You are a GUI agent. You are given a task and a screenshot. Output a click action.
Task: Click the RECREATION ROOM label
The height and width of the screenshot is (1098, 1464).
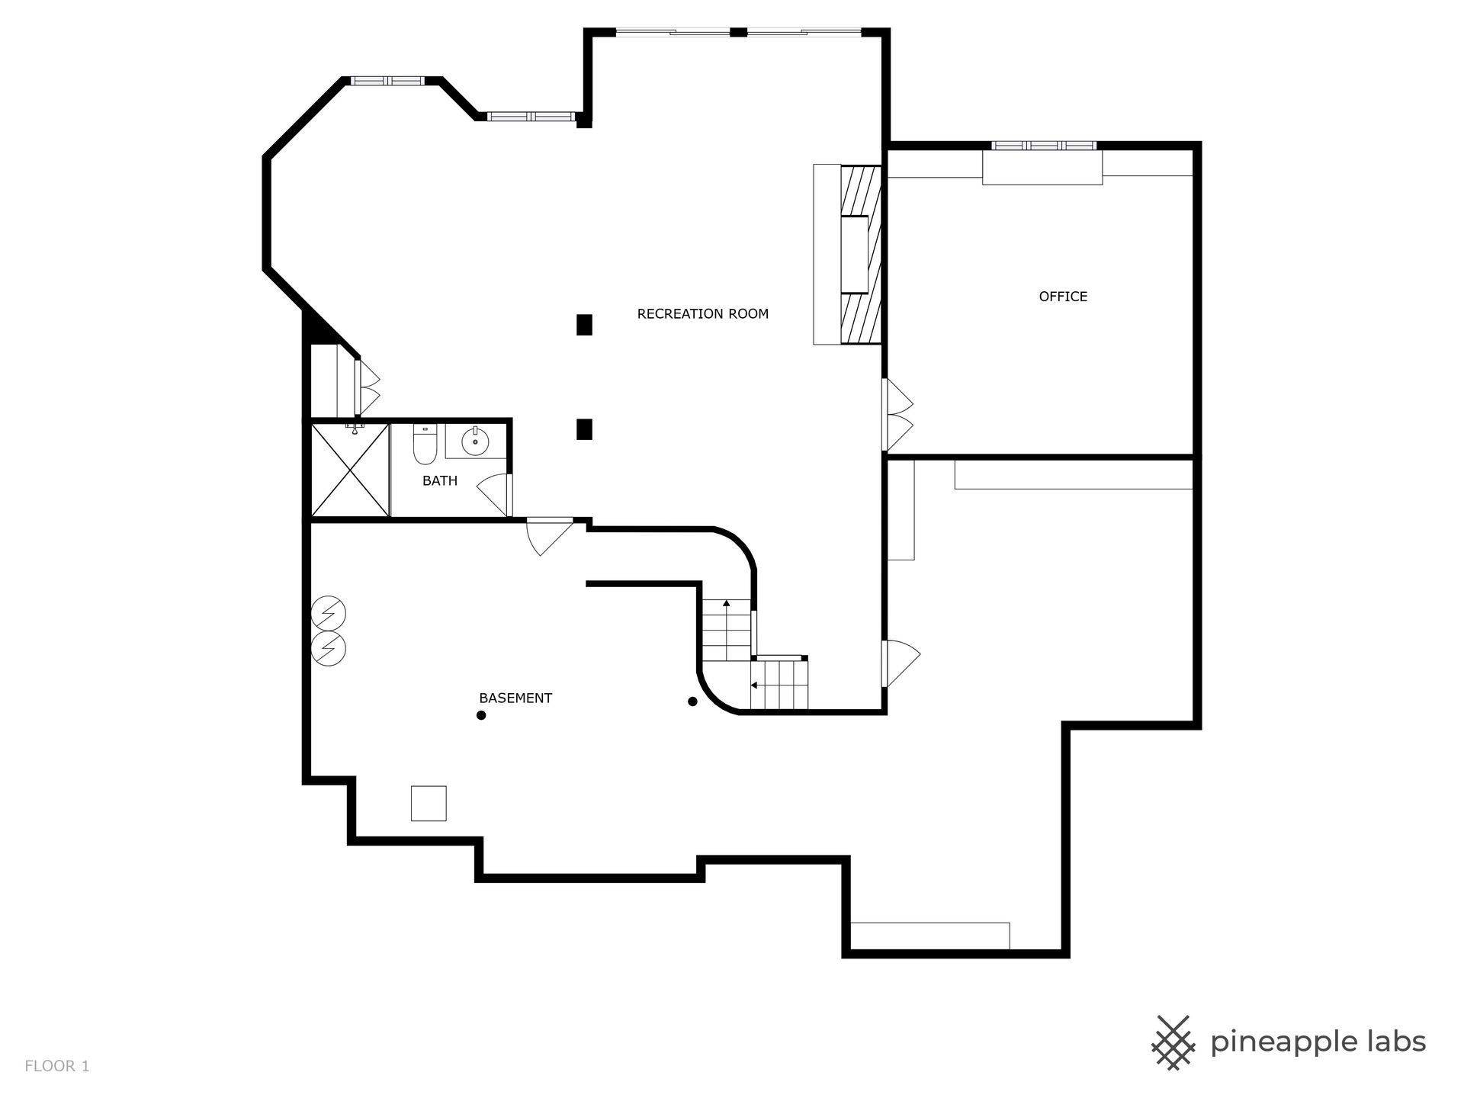click(702, 313)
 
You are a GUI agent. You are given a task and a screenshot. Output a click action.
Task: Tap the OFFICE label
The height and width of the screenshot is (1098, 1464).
click(1063, 297)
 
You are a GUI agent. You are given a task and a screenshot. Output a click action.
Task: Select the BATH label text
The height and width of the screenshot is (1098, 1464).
click(440, 480)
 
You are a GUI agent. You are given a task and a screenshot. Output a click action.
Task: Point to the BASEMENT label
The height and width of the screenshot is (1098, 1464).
click(515, 698)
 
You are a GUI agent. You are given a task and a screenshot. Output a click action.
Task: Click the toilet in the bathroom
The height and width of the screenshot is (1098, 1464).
click(424, 445)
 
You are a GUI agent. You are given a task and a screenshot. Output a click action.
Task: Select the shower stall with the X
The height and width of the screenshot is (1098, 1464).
click(350, 470)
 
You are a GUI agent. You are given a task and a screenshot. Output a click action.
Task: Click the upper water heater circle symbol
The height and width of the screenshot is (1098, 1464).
click(329, 613)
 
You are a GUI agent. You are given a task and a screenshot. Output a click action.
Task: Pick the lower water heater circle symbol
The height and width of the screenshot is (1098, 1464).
click(329, 647)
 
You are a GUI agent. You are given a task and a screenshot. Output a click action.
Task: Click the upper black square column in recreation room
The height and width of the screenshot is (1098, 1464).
click(584, 325)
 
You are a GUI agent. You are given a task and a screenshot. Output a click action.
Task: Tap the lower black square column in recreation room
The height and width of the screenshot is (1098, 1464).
click(584, 429)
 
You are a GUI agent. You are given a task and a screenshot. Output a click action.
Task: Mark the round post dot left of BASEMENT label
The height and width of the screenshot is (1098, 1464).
click(481, 715)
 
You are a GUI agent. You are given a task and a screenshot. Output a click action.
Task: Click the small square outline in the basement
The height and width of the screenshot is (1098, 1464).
click(429, 803)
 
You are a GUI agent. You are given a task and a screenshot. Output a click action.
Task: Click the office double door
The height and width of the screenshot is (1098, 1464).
click(897, 415)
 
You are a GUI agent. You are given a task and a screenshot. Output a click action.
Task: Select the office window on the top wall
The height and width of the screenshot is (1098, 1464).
click(1044, 145)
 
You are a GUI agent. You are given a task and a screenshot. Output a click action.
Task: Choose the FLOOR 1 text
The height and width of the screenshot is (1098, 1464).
click(57, 1066)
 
